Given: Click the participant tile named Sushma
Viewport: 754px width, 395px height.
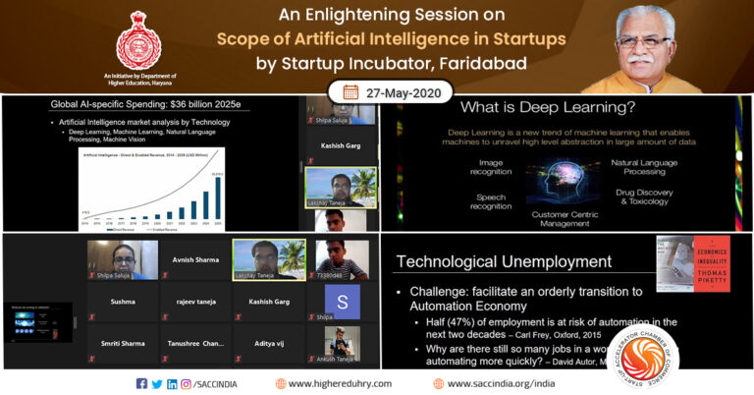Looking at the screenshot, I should [x=124, y=303].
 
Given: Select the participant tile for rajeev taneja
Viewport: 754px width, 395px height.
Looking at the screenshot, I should [x=194, y=303].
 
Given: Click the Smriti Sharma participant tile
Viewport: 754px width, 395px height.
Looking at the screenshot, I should [x=124, y=343].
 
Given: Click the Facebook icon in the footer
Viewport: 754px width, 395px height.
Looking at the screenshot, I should [x=142, y=383].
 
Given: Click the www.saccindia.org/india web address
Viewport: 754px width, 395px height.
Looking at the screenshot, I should [x=498, y=383].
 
